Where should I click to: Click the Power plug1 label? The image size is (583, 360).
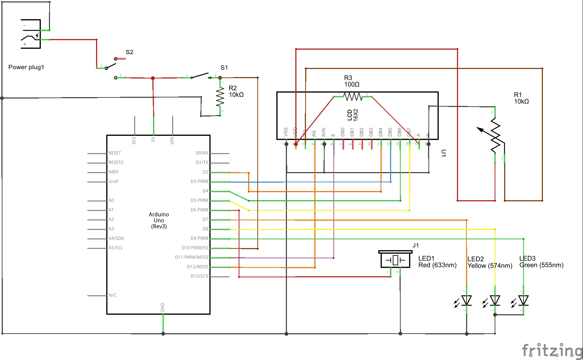tap(26, 67)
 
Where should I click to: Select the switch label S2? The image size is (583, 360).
tap(129, 52)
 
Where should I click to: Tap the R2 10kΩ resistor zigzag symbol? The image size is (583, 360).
tap(220, 97)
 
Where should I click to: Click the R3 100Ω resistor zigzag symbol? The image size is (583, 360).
tap(352, 96)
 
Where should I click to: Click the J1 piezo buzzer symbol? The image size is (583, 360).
tap(395, 260)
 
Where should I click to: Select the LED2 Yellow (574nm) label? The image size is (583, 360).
tap(490, 263)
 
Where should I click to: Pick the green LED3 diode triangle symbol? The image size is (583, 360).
tap(524, 301)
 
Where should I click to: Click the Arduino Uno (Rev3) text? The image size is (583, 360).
tap(159, 220)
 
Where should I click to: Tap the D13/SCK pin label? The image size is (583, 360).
tap(199, 276)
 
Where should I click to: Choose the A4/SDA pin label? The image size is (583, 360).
tap(116, 238)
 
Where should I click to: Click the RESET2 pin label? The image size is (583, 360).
tap(116, 163)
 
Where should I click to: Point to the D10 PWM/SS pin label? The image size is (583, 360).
tap(195, 248)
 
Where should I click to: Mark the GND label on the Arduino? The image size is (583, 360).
tap(163, 307)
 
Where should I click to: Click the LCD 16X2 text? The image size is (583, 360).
tap(352, 115)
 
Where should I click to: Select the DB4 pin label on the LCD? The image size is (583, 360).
tap(381, 132)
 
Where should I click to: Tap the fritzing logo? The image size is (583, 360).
tap(552, 351)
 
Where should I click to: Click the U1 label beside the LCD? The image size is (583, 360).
tap(444, 153)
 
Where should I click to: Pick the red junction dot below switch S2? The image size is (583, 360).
tap(153, 78)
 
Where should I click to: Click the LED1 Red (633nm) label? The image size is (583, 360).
tap(437, 262)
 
